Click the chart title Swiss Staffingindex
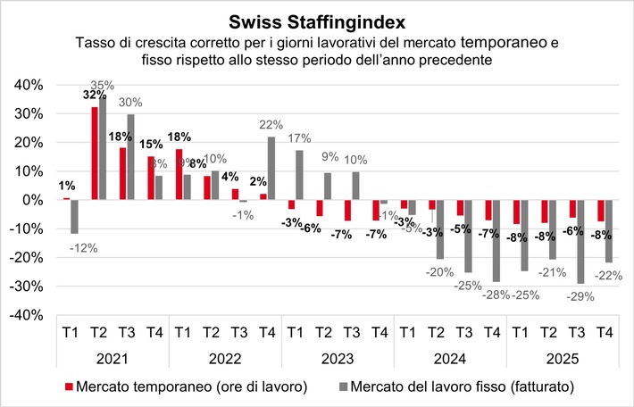click(x=317, y=20)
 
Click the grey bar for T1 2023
click(x=299, y=175)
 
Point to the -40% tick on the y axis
click(x=24, y=315)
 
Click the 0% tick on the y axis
click(x=30, y=200)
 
